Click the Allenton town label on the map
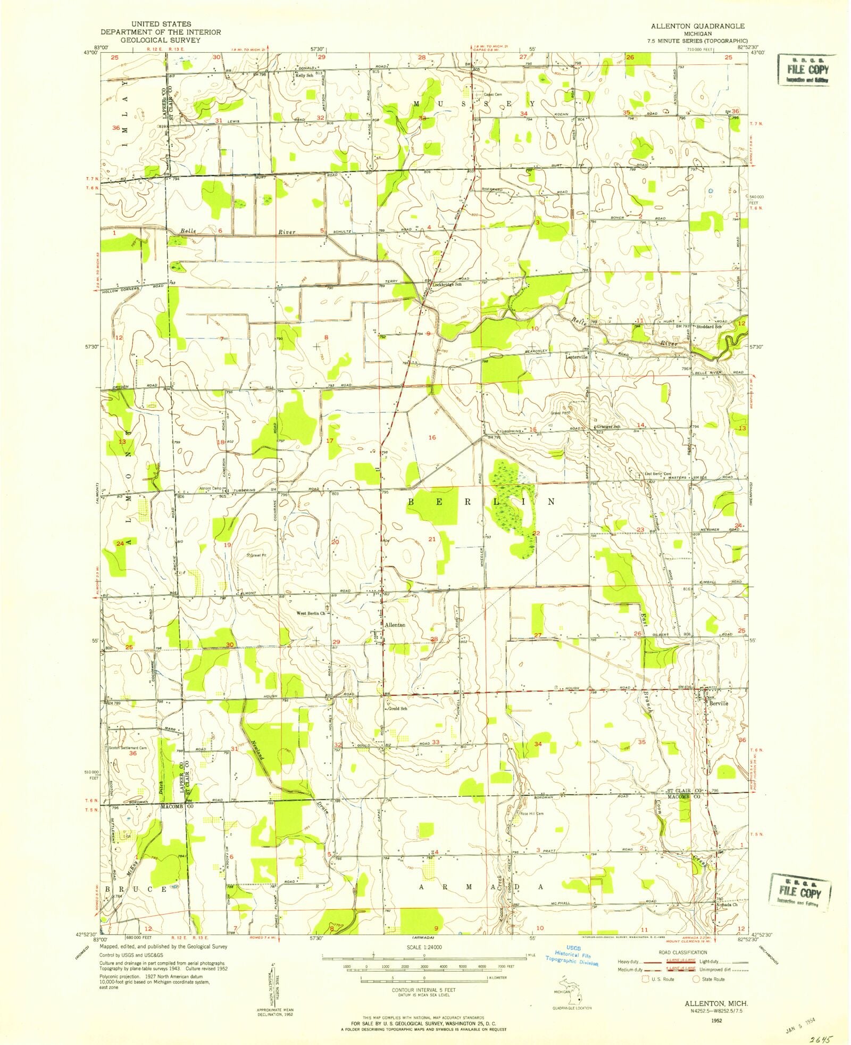tap(395, 625)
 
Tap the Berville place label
tap(718, 703)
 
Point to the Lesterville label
tap(577, 357)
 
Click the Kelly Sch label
tap(304, 76)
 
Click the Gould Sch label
tap(397, 709)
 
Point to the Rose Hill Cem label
tap(532, 814)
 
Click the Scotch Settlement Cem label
tap(128, 748)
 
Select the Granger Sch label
tap(608, 427)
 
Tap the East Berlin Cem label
tap(658, 474)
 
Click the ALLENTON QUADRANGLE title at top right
tap(697, 26)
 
